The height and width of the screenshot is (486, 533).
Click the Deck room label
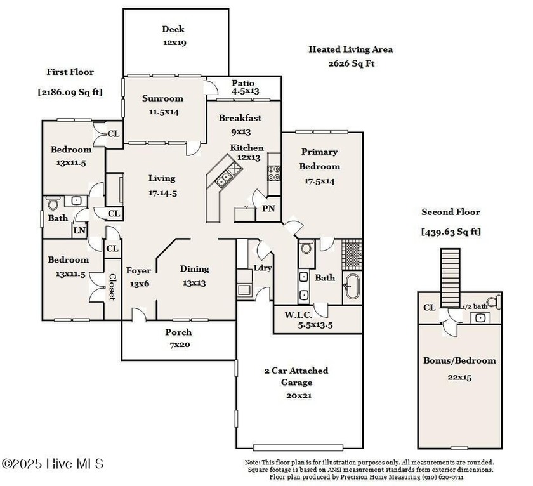[173, 29]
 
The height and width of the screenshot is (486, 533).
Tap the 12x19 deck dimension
[174, 43]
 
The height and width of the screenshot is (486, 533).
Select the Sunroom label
[162, 98]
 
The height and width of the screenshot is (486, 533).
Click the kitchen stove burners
[274, 173]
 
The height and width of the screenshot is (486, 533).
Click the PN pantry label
[268, 208]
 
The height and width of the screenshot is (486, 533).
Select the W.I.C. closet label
[298, 315]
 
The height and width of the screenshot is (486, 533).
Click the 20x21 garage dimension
[299, 396]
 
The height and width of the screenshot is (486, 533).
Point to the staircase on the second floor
[451, 278]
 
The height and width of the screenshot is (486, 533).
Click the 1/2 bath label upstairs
[475, 307]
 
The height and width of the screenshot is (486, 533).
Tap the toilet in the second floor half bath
[494, 302]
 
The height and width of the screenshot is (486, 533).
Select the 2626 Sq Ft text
[352, 63]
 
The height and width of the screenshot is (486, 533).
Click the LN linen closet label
[79, 230]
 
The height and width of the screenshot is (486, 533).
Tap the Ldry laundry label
[263, 268]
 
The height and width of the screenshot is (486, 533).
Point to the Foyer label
[138, 271]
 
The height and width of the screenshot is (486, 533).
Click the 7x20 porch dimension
[180, 345]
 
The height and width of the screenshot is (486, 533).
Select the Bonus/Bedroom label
[459, 360]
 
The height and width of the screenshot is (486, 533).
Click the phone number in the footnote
[444, 477]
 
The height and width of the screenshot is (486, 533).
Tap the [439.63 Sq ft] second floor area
[451, 232]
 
